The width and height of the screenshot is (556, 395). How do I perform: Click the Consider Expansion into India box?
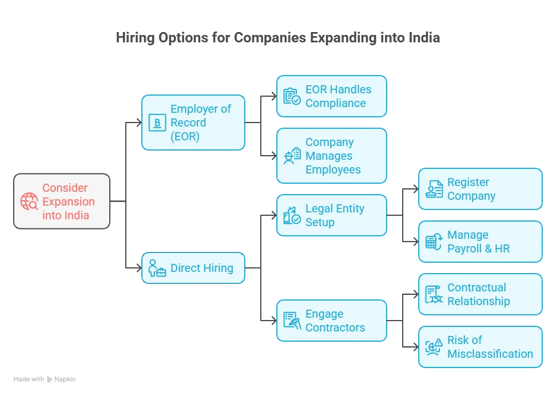pos(62,202)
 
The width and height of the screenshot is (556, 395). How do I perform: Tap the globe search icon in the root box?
pos(29,202)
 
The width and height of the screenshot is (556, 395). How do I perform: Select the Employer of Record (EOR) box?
pos(193,123)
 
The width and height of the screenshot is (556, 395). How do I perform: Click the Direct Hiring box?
pos(193,268)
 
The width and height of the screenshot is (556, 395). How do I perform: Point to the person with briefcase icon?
pos(157,268)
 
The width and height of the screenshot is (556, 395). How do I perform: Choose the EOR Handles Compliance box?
pos(331,96)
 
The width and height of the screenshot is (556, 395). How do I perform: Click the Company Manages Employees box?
pos(331,156)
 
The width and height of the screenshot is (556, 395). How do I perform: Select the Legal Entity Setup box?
pos(331,215)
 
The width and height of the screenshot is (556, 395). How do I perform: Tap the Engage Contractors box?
pos(331,321)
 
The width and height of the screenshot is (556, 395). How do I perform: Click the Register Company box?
pos(480,189)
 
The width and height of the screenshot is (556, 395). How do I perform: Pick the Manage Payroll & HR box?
pos(480,242)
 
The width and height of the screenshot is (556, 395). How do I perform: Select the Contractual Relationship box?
pos(480,294)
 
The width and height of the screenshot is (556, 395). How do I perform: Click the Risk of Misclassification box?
pos(480,347)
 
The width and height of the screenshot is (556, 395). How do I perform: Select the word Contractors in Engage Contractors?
pos(335,327)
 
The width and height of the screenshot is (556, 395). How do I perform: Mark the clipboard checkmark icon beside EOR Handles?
pos(292,96)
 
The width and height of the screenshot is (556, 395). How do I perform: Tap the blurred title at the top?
pos(279,38)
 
